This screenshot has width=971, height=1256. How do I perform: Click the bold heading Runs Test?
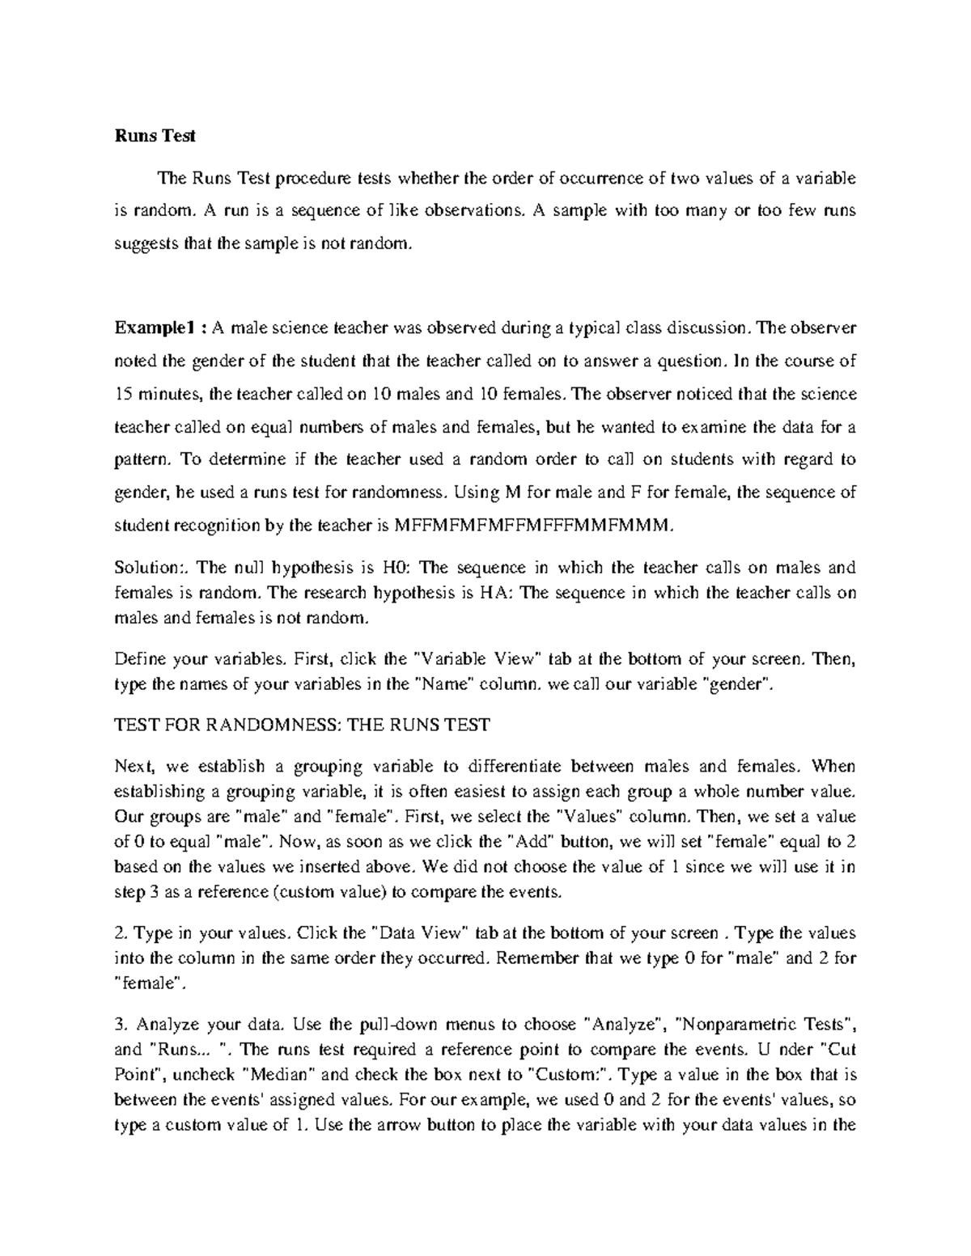[x=155, y=137]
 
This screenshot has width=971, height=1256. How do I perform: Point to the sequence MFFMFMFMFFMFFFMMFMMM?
[x=532, y=525]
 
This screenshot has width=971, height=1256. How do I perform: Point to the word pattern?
[x=142, y=459]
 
